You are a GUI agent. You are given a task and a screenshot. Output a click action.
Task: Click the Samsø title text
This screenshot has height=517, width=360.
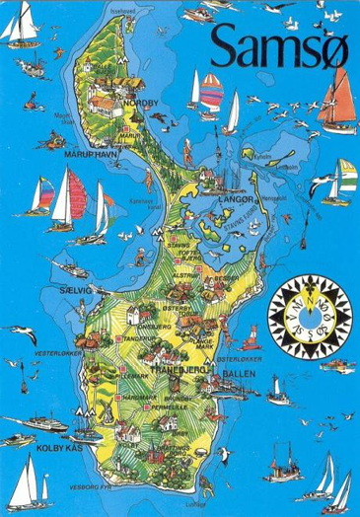pos(279,44)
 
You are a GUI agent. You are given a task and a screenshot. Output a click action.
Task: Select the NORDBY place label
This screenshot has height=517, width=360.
pos(136,102)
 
